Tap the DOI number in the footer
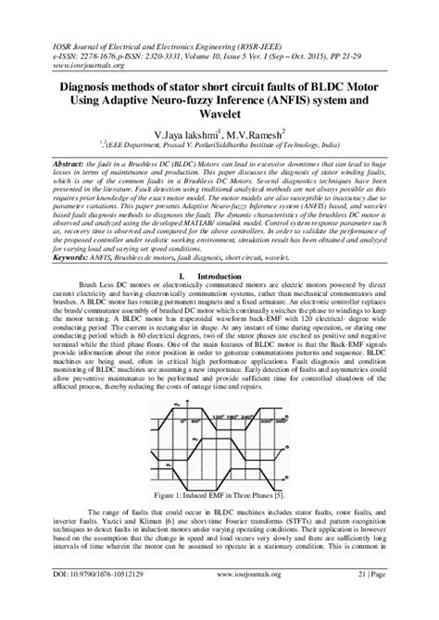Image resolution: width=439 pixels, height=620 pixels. pos(87,601)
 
